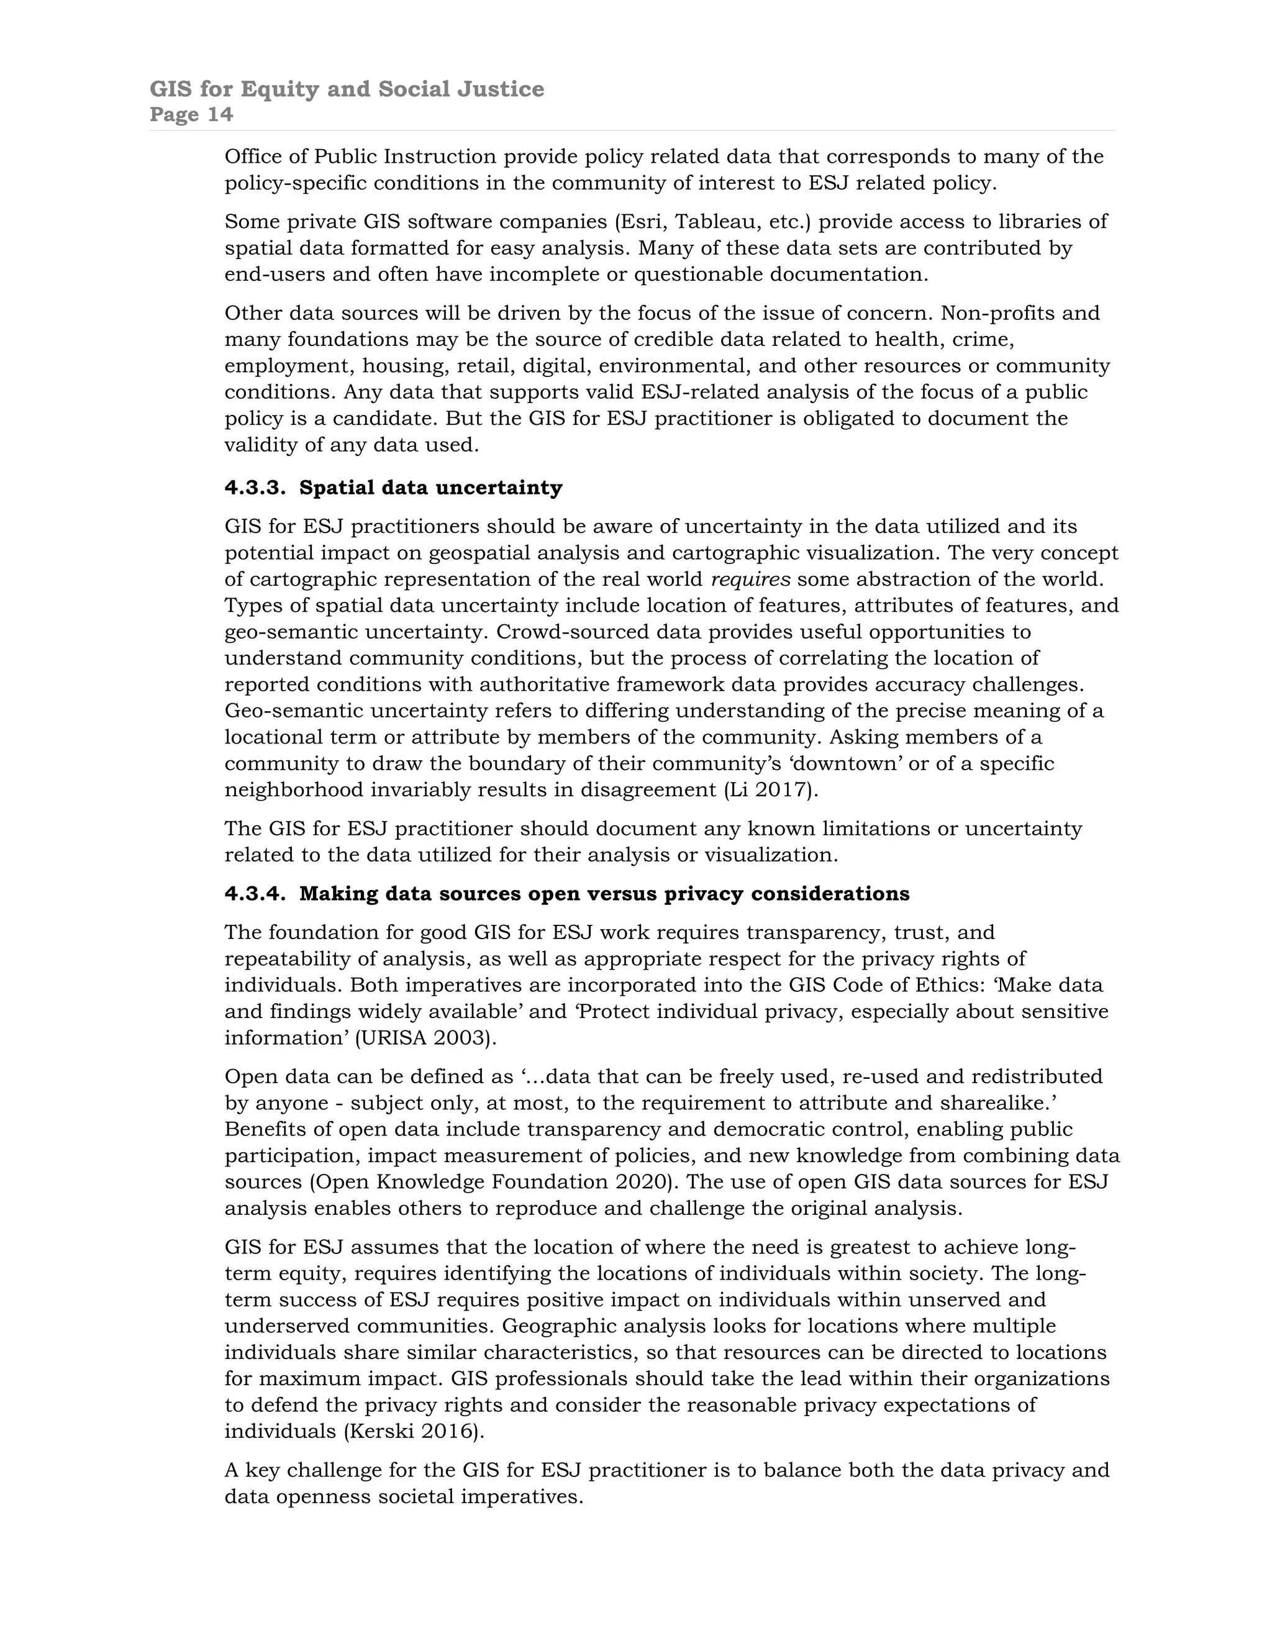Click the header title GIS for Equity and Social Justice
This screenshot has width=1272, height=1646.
(x=347, y=89)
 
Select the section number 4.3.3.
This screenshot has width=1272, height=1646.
(x=255, y=488)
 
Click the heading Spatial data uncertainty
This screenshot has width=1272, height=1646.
(x=430, y=488)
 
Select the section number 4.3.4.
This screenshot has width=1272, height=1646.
(x=255, y=894)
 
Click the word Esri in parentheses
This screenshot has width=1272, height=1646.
(x=640, y=222)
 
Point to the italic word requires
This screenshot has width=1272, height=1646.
(x=750, y=580)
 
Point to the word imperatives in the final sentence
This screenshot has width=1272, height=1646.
(x=519, y=1496)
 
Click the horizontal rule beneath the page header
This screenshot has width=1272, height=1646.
(x=632, y=131)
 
